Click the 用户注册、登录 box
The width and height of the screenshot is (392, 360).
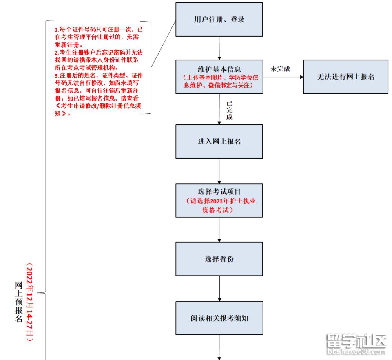(x=219, y=20)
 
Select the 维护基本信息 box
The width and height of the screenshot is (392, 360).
(x=219, y=77)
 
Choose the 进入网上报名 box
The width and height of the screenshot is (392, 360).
(x=219, y=142)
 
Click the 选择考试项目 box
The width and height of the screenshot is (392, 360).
(x=219, y=201)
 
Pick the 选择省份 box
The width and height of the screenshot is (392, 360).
(x=219, y=259)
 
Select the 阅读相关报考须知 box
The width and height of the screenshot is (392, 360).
(x=219, y=318)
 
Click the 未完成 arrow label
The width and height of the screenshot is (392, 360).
(x=280, y=69)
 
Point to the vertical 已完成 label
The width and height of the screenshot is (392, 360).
(x=229, y=111)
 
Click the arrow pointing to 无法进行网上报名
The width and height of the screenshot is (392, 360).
(x=283, y=77)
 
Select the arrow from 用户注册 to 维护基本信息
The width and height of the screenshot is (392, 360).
(x=219, y=48)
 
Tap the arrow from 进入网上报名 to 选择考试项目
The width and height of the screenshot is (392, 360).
(x=219, y=171)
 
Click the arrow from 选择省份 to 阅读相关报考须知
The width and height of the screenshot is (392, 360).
(x=219, y=288)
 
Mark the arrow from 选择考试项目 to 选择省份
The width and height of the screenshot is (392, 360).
(x=219, y=229)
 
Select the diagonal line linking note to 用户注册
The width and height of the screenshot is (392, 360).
(x=163, y=44)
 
